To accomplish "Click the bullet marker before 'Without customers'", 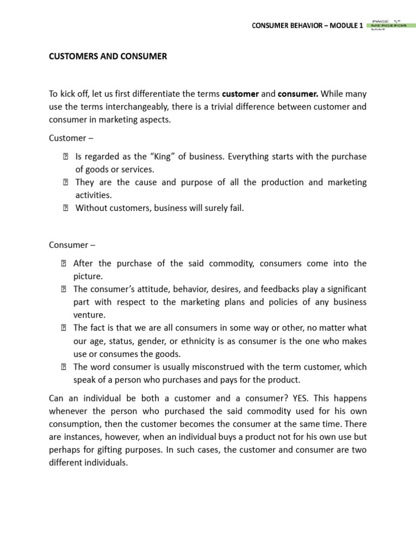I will (63, 208).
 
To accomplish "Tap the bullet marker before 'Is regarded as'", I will (63, 157).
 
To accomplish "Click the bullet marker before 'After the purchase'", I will (63, 263).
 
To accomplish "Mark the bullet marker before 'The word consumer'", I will (63, 367).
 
